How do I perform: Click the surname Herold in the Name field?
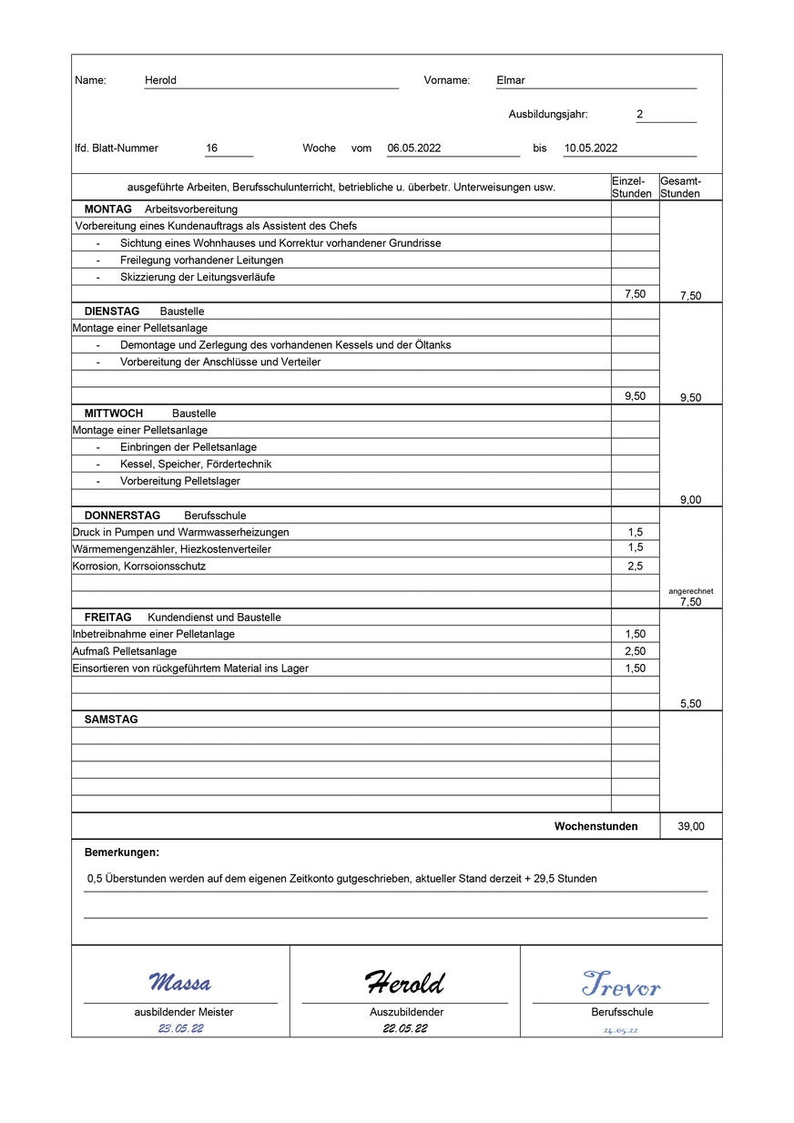[x=160, y=80]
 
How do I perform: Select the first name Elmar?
[x=511, y=80]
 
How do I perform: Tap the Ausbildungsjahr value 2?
[x=640, y=115]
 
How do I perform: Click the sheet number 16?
[x=212, y=148]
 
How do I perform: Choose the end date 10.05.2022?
[x=591, y=148]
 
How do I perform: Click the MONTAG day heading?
[x=107, y=209]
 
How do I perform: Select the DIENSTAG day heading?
[x=112, y=311]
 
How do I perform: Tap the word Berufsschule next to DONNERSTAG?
[x=215, y=516]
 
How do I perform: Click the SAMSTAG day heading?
[x=111, y=720]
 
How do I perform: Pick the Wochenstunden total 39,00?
[x=690, y=827]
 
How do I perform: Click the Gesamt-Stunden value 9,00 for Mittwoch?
[x=690, y=500]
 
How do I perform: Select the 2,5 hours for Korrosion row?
[x=635, y=567]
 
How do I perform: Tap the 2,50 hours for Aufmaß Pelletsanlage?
[x=635, y=651]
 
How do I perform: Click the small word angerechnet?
[x=690, y=591]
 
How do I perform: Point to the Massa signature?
[x=179, y=983]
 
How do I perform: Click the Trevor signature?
[x=621, y=985]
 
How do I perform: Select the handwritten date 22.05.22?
[x=405, y=1029]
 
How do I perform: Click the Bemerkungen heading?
[x=121, y=852]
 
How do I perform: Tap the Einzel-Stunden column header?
[x=632, y=187]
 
